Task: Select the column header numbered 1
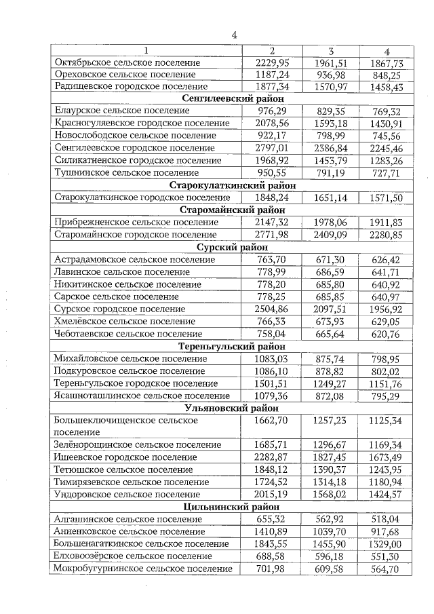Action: (x=146, y=51)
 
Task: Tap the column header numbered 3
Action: (x=331, y=51)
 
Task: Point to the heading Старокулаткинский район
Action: (x=233, y=185)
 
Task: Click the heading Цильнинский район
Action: (x=233, y=506)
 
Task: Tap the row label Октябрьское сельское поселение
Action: (x=127, y=62)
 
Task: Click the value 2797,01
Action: (x=271, y=148)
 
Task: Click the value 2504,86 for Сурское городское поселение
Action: (x=271, y=309)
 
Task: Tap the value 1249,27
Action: (x=331, y=383)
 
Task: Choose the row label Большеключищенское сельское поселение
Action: (x=125, y=426)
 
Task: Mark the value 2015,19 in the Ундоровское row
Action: (x=271, y=494)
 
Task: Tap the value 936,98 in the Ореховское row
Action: (x=331, y=75)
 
